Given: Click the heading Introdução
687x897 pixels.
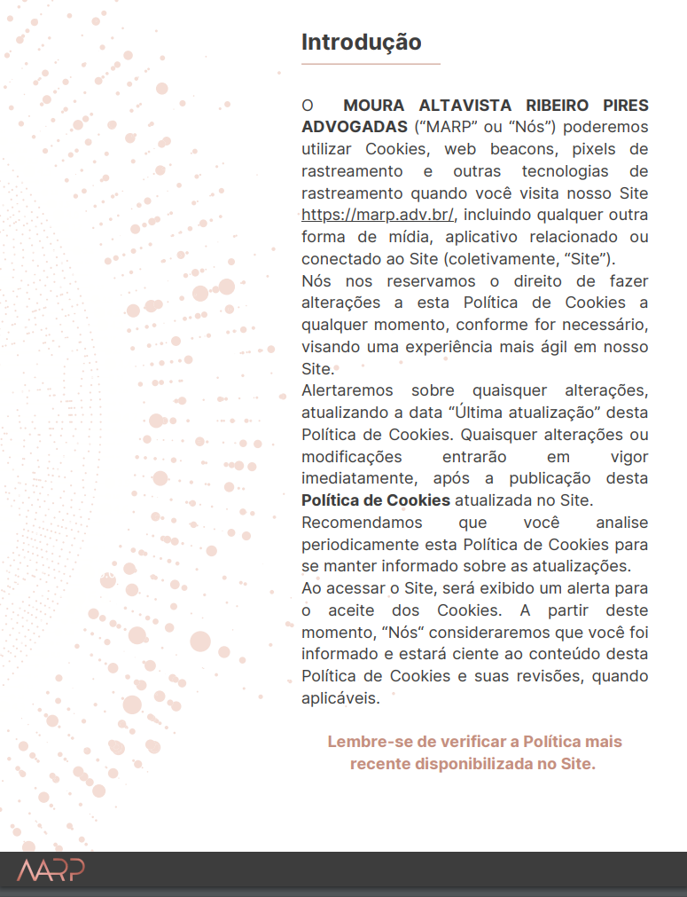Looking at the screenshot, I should point(362,42).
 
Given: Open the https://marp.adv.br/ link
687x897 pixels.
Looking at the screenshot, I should point(378,215).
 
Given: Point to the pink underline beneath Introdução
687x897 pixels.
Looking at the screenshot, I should point(371,64).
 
